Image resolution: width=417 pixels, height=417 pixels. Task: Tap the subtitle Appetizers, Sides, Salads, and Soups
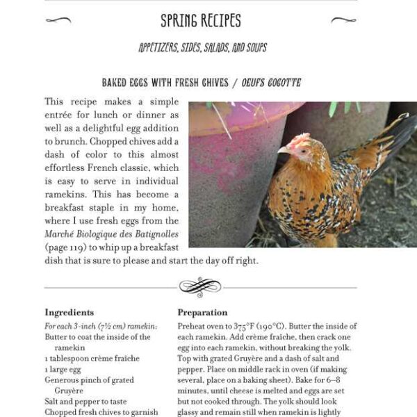pos(202,48)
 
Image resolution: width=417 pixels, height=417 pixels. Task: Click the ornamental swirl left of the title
pos(58,20)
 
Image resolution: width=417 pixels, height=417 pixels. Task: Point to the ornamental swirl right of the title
pos(343,20)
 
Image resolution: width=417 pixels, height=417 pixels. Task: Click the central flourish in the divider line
pos(200,286)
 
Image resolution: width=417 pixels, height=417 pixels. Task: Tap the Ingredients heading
pos(69,313)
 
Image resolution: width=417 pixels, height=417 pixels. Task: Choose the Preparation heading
pos(202,313)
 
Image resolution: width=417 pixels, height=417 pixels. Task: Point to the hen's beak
pos(281,149)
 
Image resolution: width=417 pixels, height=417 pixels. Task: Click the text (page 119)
pos(65,247)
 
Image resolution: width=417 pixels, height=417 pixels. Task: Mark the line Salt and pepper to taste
pos(85,402)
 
